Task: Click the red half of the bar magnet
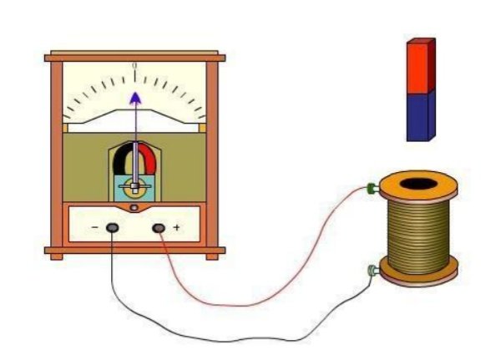[420, 65]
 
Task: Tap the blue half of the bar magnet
[420, 115]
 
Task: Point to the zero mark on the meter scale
[134, 65]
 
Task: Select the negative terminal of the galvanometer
[112, 227]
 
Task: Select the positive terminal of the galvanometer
[158, 227]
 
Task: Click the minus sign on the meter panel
[95, 227]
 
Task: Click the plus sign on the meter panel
[175, 227]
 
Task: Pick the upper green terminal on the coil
[370, 189]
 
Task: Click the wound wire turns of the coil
[417, 230]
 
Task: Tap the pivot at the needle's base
[134, 185]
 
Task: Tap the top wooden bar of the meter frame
[134, 56]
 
